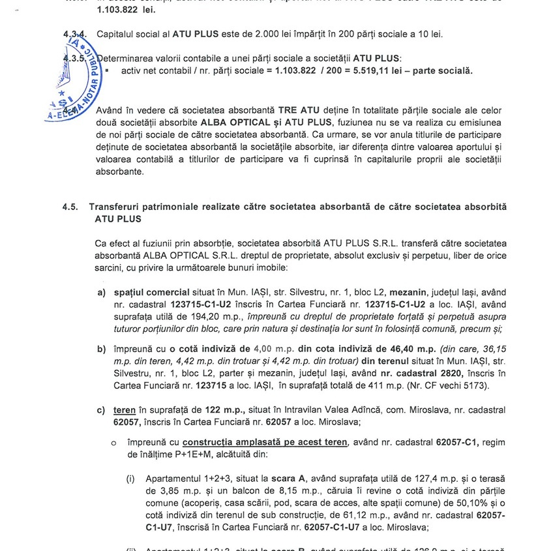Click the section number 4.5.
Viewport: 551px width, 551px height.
70,207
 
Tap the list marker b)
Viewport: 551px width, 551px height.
102,349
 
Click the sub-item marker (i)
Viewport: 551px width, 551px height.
132,479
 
